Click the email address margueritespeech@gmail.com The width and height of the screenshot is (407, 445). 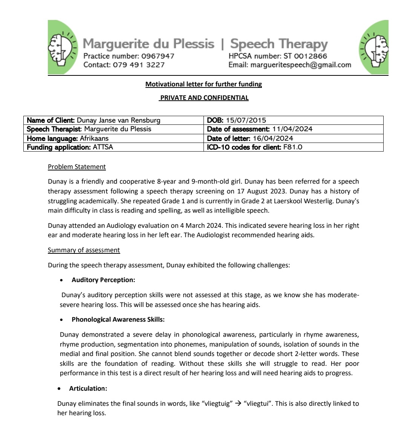301,65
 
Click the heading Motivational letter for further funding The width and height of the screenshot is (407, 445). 203,84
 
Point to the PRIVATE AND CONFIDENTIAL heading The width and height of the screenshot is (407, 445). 204,98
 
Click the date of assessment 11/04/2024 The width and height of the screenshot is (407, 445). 292,129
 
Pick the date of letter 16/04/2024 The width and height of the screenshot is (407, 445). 273,138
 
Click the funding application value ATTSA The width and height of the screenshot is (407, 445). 103,147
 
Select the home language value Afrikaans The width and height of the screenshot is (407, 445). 94,138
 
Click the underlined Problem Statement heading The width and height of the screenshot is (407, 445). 77,167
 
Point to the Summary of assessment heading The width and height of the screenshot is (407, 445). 84,250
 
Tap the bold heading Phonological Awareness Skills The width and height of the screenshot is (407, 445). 118,319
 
